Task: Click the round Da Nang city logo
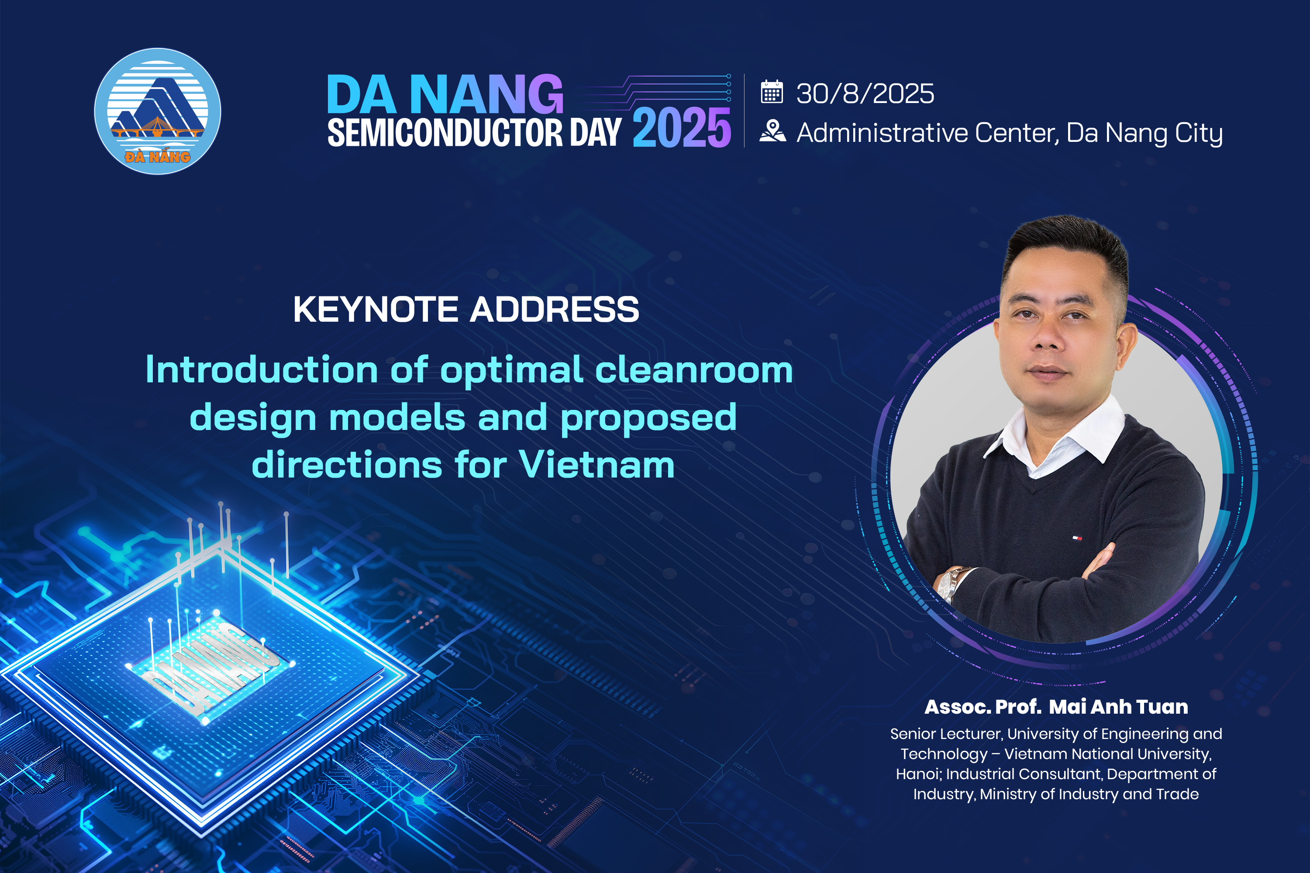tap(158, 111)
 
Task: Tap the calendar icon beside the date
tap(772, 92)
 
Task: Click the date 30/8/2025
tap(865, 93)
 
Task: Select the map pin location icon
tap(772, 131)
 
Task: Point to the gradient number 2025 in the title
tap(682, 128)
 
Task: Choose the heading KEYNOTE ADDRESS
tap(466, 309)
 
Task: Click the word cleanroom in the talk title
tap(694, 370)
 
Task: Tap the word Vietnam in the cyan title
tap(596, 464)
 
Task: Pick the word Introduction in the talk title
tap(262, 370)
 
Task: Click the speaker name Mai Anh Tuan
tap(1118, 707)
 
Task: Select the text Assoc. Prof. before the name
tap(982, 707)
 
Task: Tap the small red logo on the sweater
tap(1078, 538)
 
